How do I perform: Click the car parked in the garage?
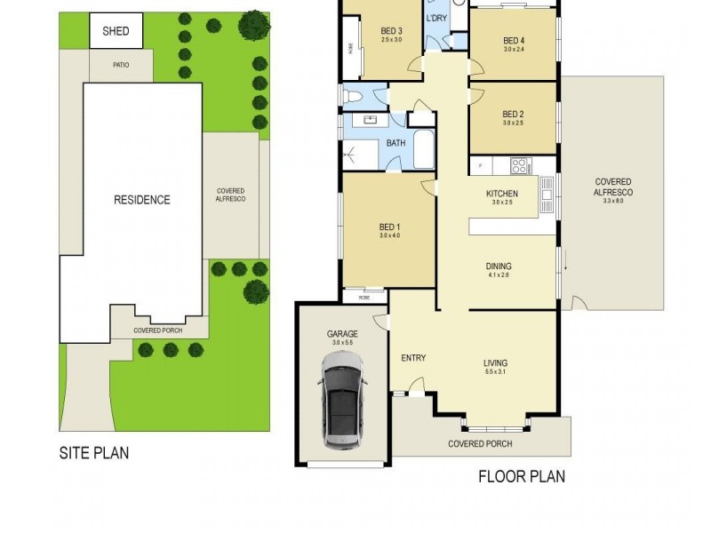click(342, 401)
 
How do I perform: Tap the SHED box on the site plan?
click(116, 32)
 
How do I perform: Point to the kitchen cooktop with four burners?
click(518, 164)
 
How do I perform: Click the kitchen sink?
click(547, 189)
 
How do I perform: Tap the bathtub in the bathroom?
click(424, 148)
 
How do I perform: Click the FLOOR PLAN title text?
click(522, 476)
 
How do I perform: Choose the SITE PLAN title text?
click(93, 453)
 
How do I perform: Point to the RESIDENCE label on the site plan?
click(141, 200)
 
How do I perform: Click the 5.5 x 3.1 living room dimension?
click(495, 372)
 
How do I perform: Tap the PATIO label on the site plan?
click(122, 64)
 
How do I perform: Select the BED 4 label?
click(514, 40)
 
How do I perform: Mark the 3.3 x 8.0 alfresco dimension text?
click(613, 202)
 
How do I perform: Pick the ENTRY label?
click(413, 358)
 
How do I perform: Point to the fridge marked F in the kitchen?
click(480, 164)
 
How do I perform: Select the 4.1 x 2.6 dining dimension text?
click(498, 276)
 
